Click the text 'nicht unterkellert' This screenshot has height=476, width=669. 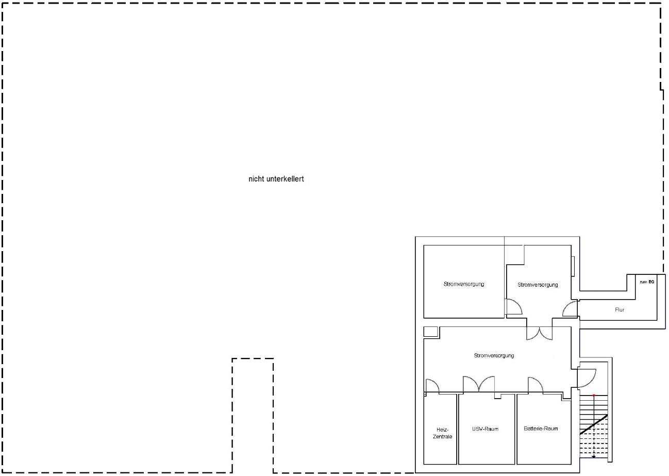point(276,179)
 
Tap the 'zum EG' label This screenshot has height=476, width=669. point(647,282)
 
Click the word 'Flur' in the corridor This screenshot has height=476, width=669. point(620,309)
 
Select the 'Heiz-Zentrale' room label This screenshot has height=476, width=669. point(442,433)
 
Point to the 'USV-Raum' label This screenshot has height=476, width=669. point(485,429)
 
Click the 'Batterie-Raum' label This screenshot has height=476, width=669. point(541,429)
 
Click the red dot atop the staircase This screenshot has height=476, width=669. point(594,396)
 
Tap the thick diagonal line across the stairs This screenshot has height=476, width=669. point(593,424)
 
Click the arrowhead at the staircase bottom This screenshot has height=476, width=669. point(594,456)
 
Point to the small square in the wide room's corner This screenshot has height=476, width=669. point(431,332)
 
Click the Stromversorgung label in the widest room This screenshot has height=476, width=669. point(494,355)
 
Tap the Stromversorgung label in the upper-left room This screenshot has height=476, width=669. point(463,284)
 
